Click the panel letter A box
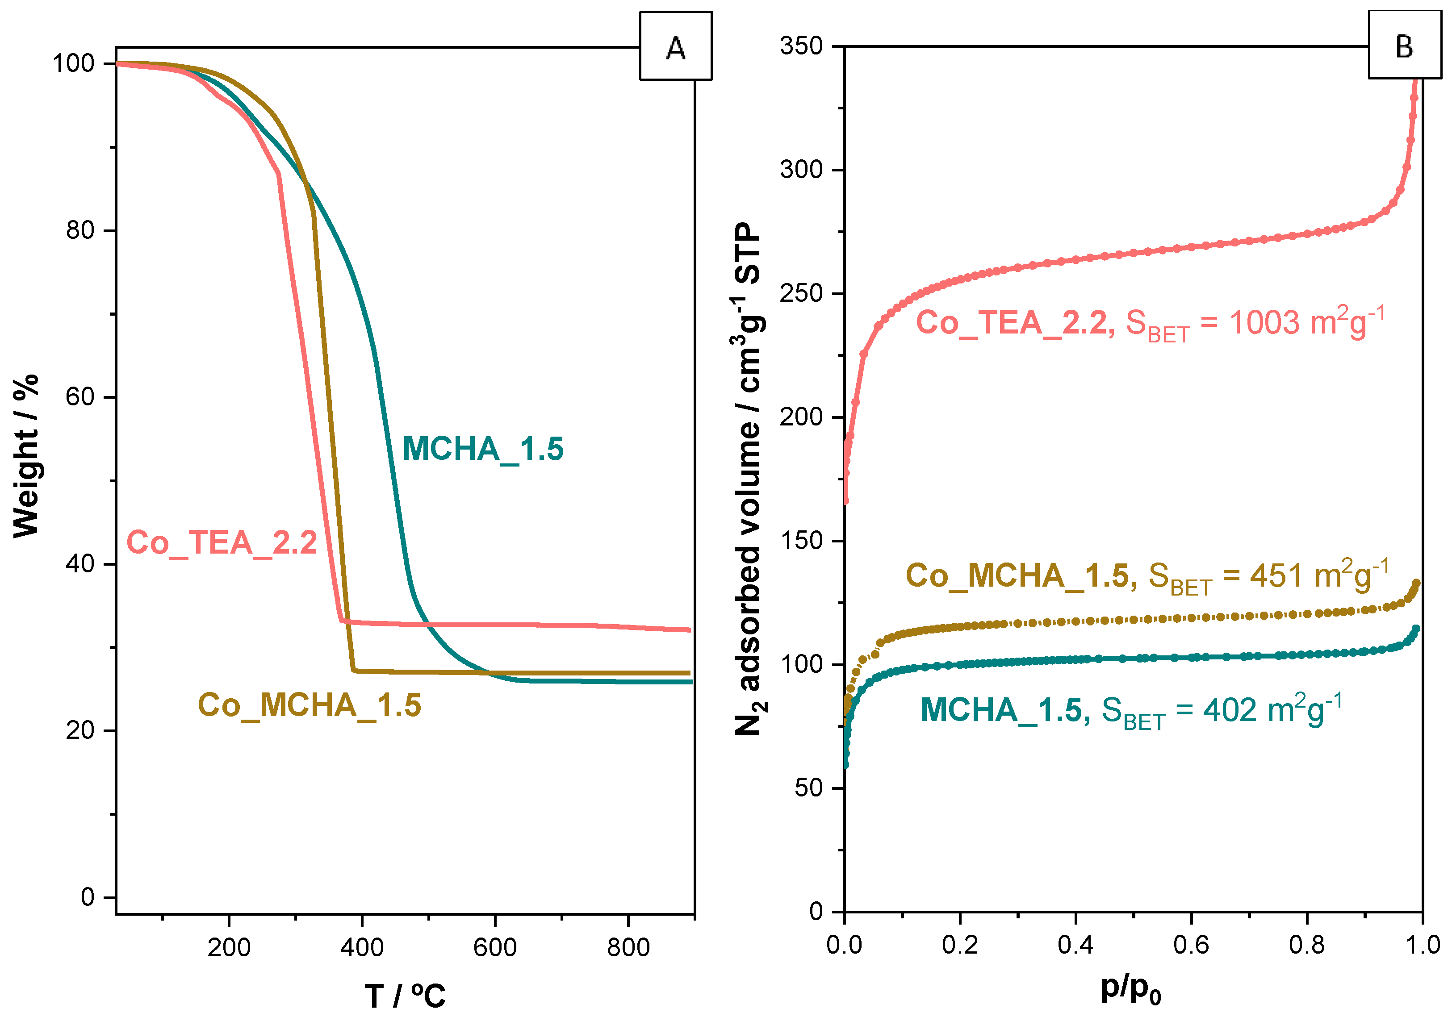pos(675,46)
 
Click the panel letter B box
pos(1403,46)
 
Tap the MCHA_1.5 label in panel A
pos(482,449)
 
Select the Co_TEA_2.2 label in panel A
pos(222,542)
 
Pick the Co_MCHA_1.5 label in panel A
pos(309,705)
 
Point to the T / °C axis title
pos(405,996)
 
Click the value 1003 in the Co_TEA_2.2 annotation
pos(1264,323)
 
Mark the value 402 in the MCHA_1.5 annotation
pos(1230,710)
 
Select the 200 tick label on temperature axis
pos(229,947)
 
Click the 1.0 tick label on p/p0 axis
pos(1422,945)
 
